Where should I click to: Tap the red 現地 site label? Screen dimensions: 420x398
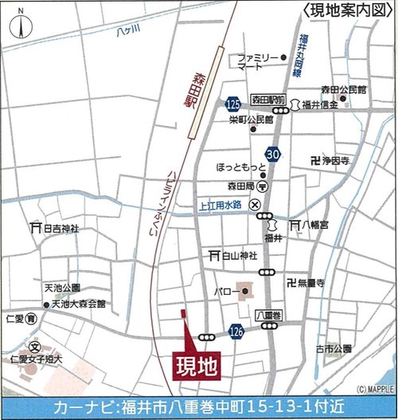point(194,367)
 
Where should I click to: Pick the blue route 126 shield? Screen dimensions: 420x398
point(236,330)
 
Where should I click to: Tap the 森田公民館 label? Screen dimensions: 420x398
point(343,89)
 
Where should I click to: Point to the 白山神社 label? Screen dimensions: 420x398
point(238,256)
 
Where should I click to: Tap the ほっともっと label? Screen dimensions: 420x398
point(240,169)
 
